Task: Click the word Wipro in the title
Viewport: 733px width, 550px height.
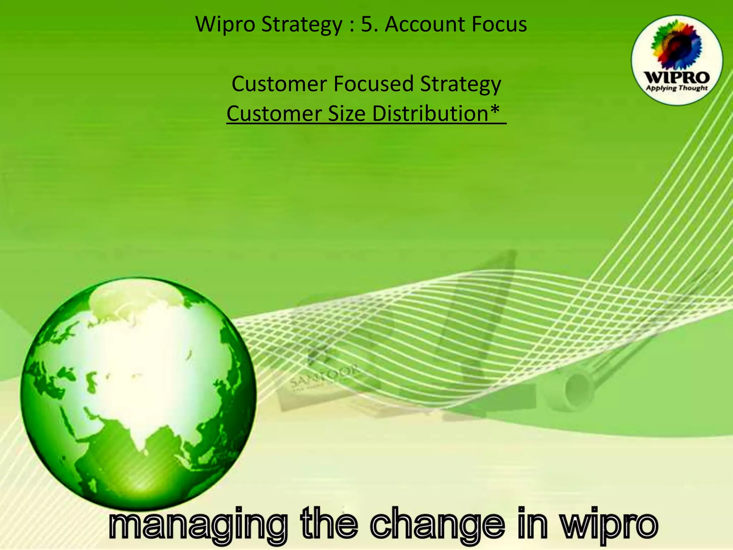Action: [224, 24]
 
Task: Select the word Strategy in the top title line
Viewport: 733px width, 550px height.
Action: [302, 25]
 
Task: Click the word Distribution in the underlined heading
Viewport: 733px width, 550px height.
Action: [430, 114]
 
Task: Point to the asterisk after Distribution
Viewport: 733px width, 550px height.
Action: [495, 109]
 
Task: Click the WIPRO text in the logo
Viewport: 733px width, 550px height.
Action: [676, 77]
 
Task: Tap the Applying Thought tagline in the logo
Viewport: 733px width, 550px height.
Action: [676, 88]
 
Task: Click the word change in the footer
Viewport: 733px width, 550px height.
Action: [437, 524]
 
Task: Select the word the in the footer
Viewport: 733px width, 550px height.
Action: [329, 524]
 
